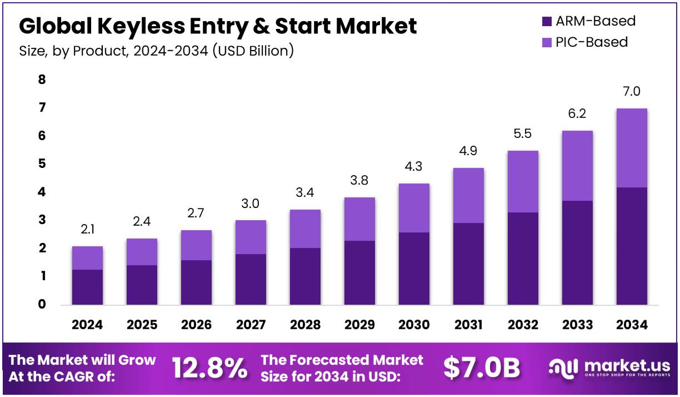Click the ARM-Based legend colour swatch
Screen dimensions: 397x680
(x=547, y=22)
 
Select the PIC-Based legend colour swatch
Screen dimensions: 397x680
(x=547, y=42)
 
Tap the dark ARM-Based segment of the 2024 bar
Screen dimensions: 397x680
(x=87, y=287)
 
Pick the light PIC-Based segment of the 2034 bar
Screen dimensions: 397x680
(x=632, y=148)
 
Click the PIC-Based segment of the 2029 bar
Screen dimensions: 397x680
(x=359, y=219)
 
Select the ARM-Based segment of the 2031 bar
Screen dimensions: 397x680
(x=468, y=264)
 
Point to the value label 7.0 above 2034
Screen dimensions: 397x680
(x=632, y=91)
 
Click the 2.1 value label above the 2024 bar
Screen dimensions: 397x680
(x=87, y=229)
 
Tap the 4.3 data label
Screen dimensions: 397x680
(x=414, y=166)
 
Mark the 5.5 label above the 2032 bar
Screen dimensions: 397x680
(x=523, y=133)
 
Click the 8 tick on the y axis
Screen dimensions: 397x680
(x=42, y=80)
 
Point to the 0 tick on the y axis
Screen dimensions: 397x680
(x=42, y=304)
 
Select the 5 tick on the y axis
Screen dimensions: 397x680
(x=42, y=164)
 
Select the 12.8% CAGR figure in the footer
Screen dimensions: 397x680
(x=209, y=368)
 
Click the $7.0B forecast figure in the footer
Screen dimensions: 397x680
(x=482, y=368)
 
